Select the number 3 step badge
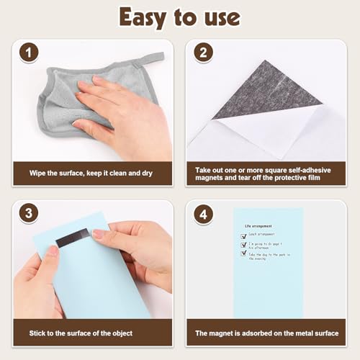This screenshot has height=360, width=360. point(28,215)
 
